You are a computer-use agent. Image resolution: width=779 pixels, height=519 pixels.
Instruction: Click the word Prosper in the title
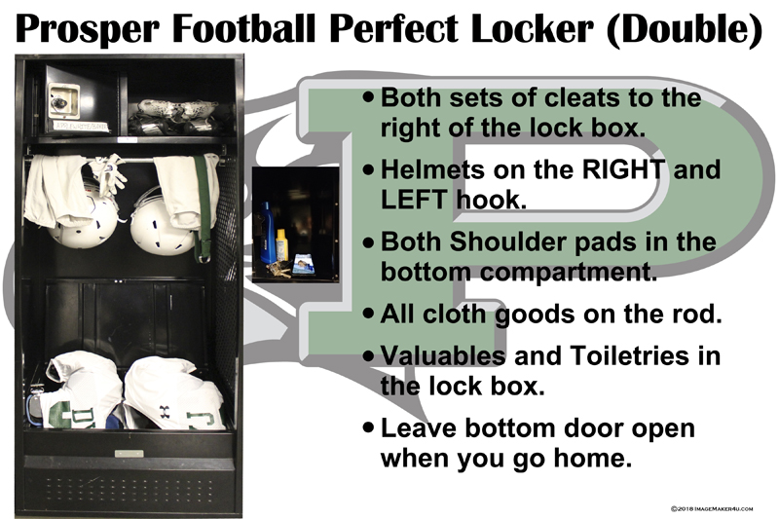pyautogui.click(x=88, y=29)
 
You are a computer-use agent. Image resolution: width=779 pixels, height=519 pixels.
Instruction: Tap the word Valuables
pyautogui.click(x=443, y=355)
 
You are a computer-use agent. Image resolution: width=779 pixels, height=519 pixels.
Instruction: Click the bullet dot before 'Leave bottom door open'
pyautogui.click(x=368, y=427)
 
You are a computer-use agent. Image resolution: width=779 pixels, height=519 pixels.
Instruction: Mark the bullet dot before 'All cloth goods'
pyautogui.click(x=368, y=313)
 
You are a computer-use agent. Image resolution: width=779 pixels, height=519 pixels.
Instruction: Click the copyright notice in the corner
pyautogui.click(x=712, y=508)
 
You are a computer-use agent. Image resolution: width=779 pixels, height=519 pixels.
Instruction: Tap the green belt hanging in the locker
pyautogui.click(x=203, y=208)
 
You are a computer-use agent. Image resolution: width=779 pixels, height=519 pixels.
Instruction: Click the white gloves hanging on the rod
pyautogui.click(x=110, y=172)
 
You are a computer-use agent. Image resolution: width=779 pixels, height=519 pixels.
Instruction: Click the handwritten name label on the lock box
pyautogui.click(x=82, y=127)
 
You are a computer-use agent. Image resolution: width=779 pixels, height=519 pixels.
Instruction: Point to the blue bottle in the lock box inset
pyautogui.click(x=267, y=233)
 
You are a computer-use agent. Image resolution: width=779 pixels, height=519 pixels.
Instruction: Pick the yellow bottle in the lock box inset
pyautogui.click(x=281, y=244)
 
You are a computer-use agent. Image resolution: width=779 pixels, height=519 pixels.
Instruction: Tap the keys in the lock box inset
pyautogui.click(x=278, y=269)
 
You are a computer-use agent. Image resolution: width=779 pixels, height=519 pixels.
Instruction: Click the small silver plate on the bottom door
pyautogui.click(x=130, y=454)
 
